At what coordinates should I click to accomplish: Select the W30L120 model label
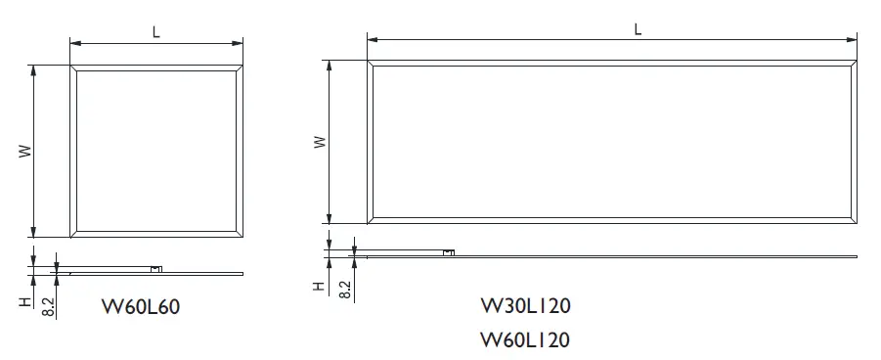coord(526,305)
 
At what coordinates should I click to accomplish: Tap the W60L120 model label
coord(526,339)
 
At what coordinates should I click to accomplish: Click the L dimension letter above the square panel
coord(156,31)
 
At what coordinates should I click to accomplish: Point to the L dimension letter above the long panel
coord(638,28)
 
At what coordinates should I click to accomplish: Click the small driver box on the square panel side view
coord(156,267)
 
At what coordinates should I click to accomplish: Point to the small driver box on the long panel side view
coord(449,252)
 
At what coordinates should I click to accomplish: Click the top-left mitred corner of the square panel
coord(73,67)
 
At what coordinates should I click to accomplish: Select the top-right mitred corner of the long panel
coord(857,62)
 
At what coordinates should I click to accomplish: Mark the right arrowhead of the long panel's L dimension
coord(856,39)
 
